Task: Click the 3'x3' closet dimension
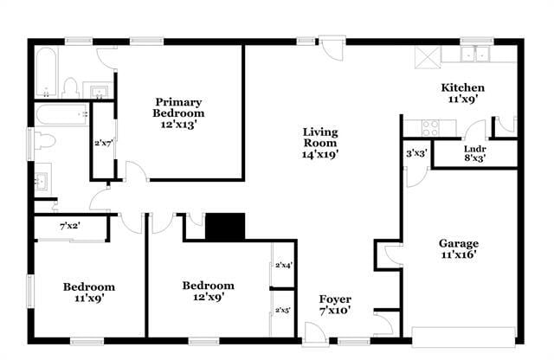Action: click(415, 153)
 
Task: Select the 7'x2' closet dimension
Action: click(70, 226)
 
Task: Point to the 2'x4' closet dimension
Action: click(283, 266)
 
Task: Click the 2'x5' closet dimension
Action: click(283, 309)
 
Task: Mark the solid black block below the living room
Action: click(226, 227)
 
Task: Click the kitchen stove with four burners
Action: click(430, 126)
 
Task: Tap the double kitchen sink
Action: click(473, 54)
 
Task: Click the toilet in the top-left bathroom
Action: click(72, 87)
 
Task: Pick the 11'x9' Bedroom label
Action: click(88, 292)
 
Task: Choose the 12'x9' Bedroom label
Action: click(208, 292)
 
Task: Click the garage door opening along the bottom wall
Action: click(462, 334)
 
